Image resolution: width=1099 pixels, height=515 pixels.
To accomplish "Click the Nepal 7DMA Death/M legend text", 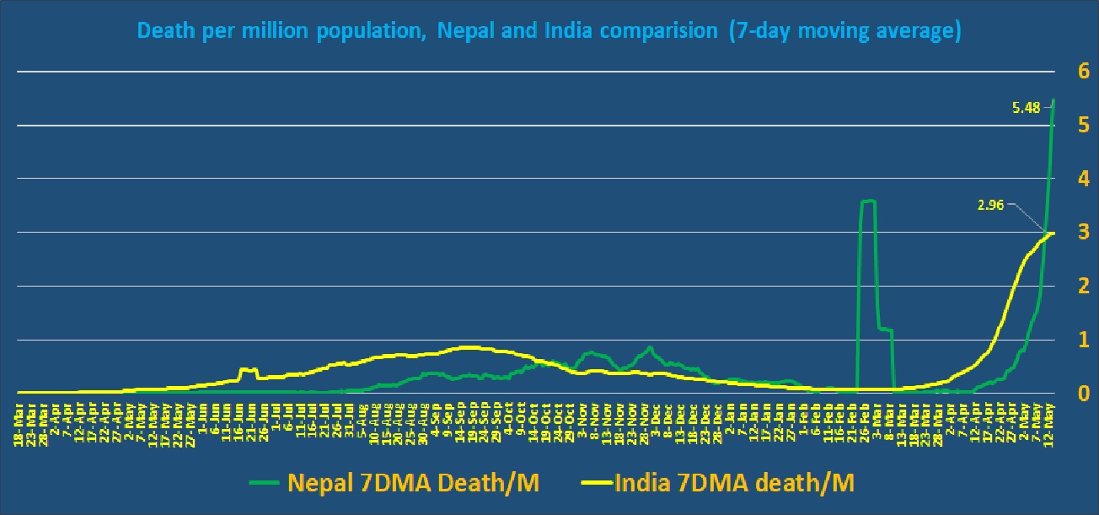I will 413,482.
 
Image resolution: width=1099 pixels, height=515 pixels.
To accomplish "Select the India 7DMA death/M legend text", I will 734,482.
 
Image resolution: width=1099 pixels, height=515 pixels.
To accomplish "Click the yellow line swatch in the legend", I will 596,483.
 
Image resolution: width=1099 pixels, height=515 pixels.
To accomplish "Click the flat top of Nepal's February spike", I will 868,201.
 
